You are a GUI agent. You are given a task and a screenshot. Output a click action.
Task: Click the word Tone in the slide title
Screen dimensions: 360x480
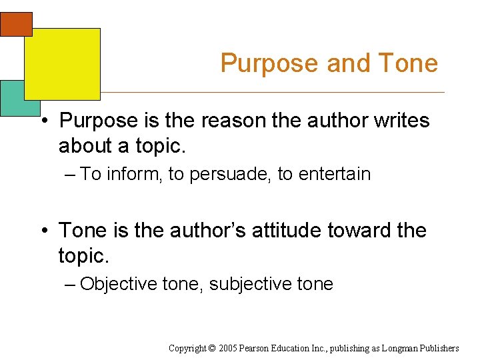pos(407,63)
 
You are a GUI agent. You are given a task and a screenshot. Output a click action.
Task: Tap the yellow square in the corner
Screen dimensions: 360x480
pos(62,63)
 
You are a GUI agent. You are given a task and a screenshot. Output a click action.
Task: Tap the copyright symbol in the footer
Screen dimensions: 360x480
pos(212,348)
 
